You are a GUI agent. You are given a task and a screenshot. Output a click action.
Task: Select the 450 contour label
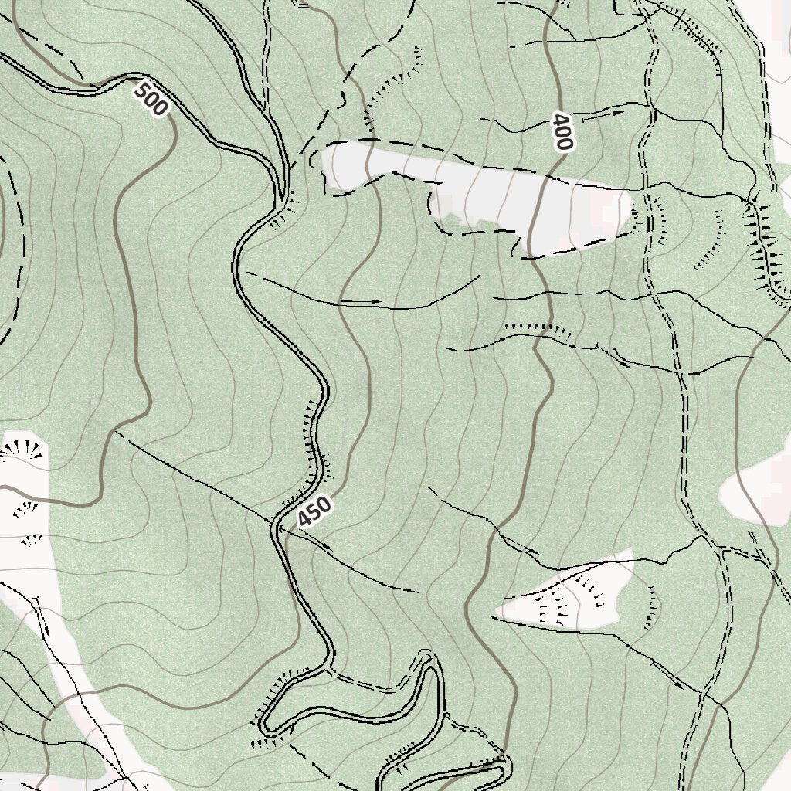coord(315,511)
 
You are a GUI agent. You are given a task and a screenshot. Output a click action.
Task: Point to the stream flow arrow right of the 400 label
coord(618,113)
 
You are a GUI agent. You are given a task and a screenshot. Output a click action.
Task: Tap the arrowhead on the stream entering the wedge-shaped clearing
coord(533,552)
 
